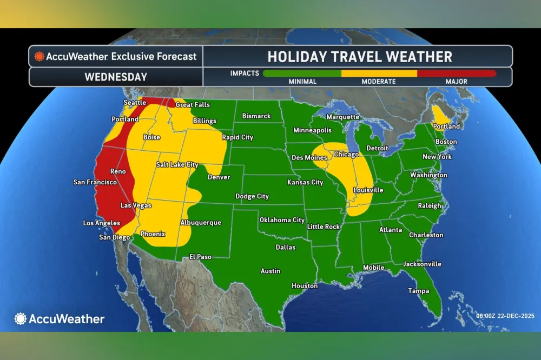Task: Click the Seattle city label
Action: coord(135,103)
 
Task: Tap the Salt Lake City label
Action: coord(177,165)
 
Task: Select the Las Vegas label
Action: coord(135,205)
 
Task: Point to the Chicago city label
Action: coord(346,155)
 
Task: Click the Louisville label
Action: coord(368,190)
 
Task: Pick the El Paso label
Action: coord(200,257)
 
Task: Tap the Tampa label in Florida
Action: coord(418,291)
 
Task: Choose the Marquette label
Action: coord(342,117)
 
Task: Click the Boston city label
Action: coord(446,142)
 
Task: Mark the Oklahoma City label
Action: coord(282,220)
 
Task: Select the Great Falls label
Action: coord(193,105)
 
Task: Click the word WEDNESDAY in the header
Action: coord(116,77)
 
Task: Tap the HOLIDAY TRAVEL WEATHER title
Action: coord(360,57)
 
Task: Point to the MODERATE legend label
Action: coord(379,82)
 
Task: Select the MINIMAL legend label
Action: coord(303,82)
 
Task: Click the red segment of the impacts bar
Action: coord(457,73)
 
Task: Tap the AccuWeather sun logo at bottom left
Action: coord(21,319)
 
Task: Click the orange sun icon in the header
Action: coord(39,56)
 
